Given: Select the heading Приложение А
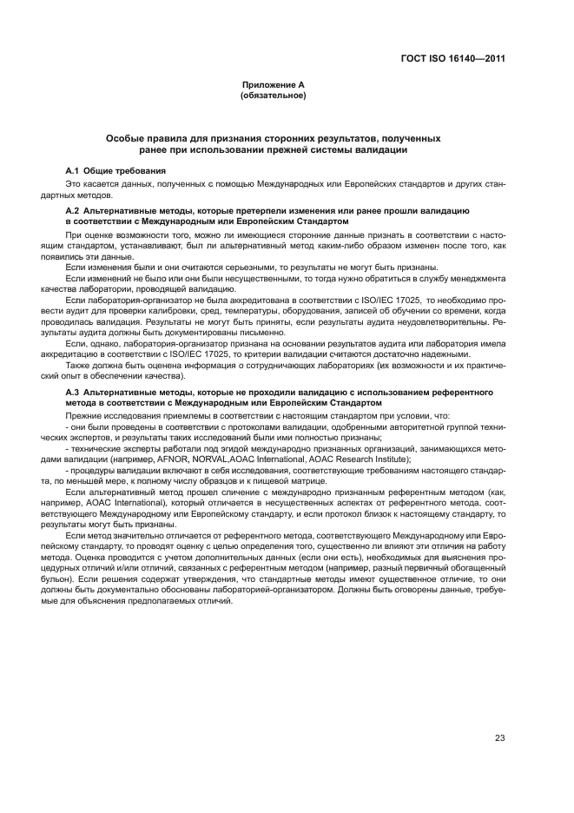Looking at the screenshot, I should (274, 84).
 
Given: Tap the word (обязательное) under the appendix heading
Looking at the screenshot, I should (274, 95).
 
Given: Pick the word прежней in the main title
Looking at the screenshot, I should (295, 149).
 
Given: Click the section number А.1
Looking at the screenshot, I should (74, 171).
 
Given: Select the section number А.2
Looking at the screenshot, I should (74, 211).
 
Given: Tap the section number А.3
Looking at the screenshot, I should (74, 393).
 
